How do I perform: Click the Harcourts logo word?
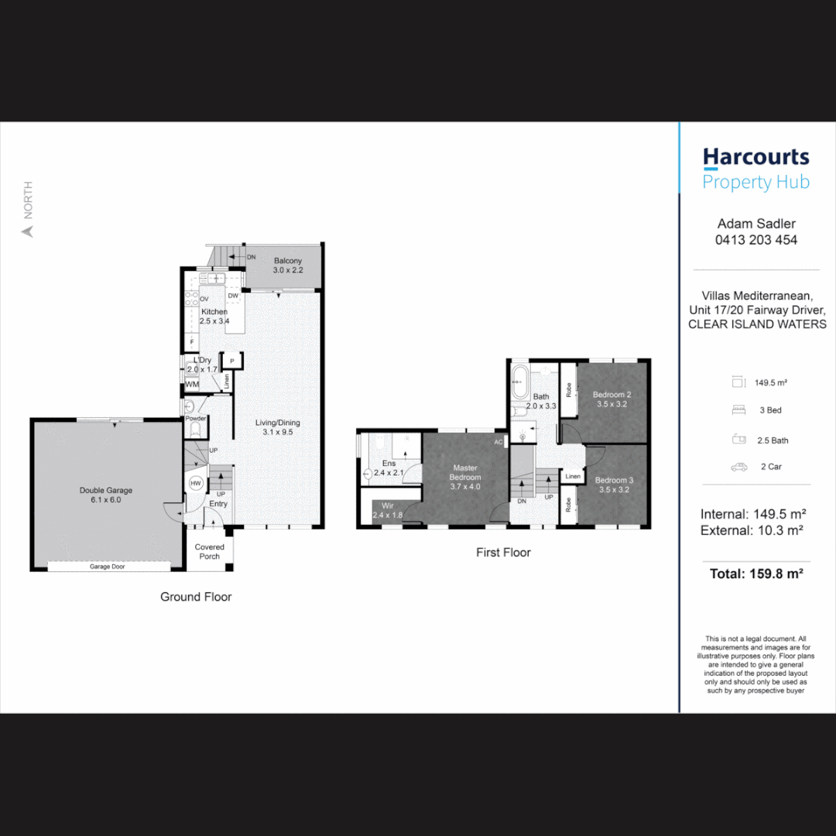755,158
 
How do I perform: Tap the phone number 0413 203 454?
755,240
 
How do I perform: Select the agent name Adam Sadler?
755,224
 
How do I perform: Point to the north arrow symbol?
28,231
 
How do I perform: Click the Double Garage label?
106,490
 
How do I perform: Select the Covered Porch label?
209,551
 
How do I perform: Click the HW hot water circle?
196,483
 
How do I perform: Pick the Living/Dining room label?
278,423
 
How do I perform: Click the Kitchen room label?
214,312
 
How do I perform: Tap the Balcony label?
287,262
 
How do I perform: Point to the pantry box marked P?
232,361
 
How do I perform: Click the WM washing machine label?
192,385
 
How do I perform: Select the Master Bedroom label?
465,472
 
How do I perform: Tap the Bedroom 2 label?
612,395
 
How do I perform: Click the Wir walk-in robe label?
388,505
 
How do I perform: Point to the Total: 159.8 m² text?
755,574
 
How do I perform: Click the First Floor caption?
503,553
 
